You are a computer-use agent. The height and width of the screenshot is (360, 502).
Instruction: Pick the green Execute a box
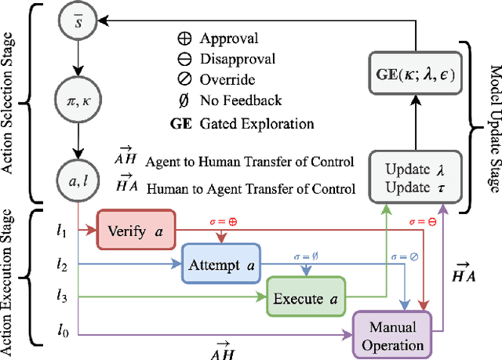pos(303,297)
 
